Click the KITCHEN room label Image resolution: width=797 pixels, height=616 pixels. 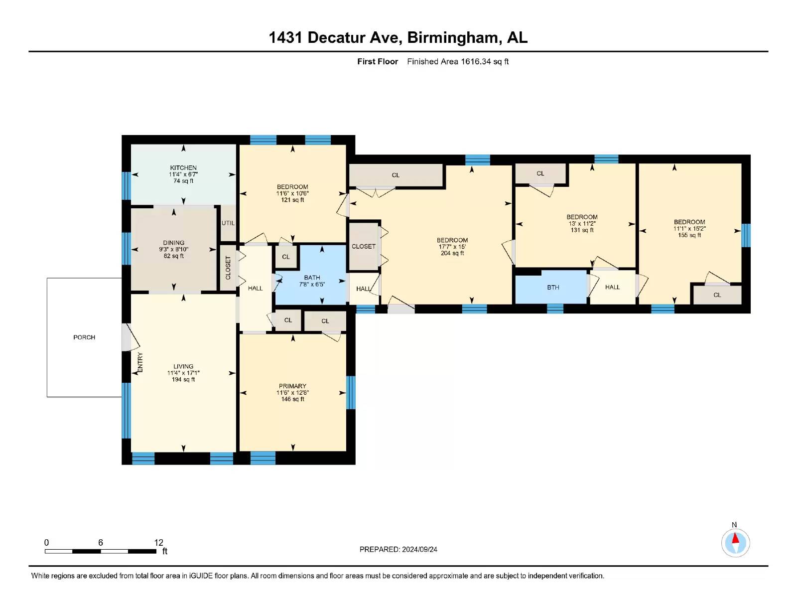[x=183, y=167]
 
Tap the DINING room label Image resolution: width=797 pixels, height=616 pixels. [x=173, y=243]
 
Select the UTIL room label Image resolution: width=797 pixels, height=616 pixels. [x=228, y=223]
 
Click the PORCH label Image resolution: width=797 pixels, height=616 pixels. [x=84, y=337]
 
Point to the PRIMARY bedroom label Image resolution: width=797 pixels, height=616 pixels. [x=292, y=386]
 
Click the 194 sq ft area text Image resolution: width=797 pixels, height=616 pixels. [x=183, y=379]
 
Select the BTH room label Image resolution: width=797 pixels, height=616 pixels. [x=553, y=287]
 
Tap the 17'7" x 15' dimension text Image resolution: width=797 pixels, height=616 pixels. [x=452, y=247]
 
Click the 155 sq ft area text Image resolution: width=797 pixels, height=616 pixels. [x=689, y=235]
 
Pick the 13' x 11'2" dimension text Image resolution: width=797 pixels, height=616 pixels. [x=582, y=223]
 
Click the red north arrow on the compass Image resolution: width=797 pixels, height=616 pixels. [x=735, y=538]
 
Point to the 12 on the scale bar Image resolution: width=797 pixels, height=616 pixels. [x=158, y=542]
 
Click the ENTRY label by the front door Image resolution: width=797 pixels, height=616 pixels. [x=140, y=362]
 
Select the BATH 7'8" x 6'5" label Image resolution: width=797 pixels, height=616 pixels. [x=312, y=281]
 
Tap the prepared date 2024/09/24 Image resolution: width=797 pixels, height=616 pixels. [x=419, y=549]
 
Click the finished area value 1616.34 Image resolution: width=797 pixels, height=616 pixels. [x=475, y=61]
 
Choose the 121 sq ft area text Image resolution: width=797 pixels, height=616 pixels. [x=292, y=200]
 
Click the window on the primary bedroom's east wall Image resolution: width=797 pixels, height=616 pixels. [x=351, y=392]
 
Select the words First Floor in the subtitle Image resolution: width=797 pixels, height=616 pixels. [x=378, y=61]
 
